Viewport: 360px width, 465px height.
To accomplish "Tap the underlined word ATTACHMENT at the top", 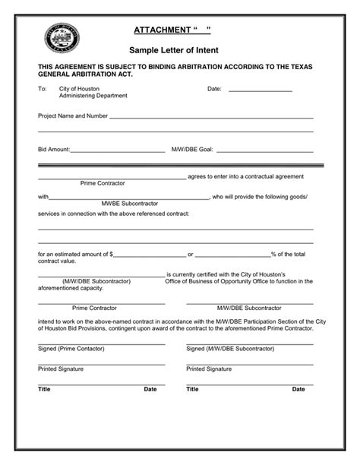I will point(162,29).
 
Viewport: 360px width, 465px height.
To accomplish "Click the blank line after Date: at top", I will point(260,90).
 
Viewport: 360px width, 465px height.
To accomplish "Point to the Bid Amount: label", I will point(54,150).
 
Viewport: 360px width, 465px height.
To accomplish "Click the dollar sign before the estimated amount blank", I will point(112,254).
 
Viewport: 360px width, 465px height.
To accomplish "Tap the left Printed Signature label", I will point(61,369).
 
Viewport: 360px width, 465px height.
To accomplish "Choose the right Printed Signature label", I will point(209,369).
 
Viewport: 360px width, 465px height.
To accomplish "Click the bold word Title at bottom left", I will point(44,389).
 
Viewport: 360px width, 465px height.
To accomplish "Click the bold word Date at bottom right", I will point(298,389).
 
